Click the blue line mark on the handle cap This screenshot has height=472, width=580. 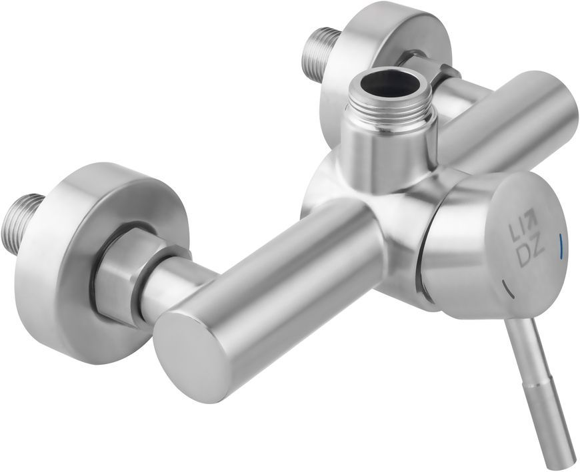click(561, 244)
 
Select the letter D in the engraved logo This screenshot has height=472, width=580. click(525, 255)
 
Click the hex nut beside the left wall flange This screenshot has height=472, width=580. click(122, 278)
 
